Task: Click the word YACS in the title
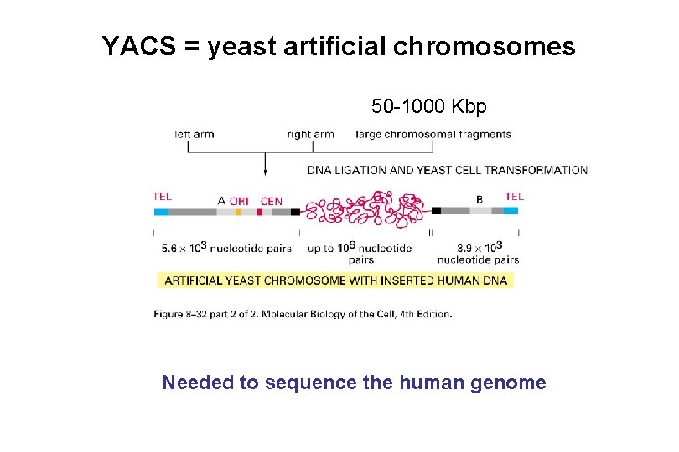137,46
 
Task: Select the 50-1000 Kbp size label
428,107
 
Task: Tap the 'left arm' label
194,134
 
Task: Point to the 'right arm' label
310,134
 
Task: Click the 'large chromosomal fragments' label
433,134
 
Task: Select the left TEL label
163,197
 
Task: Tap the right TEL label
514,196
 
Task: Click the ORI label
239,201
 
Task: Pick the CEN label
272,201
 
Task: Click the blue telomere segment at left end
161,212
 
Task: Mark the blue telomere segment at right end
511,211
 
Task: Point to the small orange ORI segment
238,212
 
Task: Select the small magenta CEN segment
260,212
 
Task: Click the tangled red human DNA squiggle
364,209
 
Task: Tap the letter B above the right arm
479,200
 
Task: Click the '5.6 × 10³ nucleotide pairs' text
226,249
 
